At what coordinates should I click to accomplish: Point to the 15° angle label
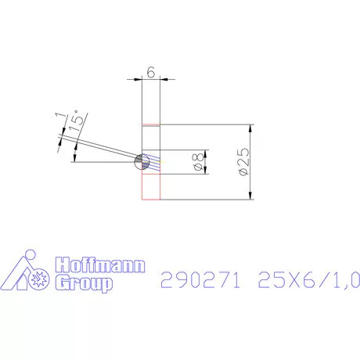click(77, 121)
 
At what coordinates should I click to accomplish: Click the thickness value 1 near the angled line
click(60, 117)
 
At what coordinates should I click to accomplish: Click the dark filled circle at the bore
click(142, 160)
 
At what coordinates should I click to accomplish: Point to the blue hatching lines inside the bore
click(154, 162)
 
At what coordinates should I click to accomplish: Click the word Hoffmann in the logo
click(99, 266)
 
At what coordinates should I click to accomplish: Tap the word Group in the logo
click(82, 283)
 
